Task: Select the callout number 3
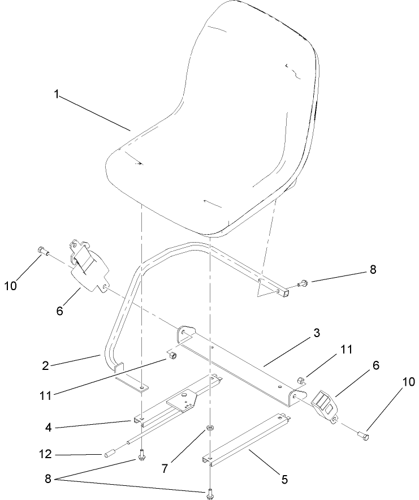tap(317, 333)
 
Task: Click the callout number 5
tap(284, 480)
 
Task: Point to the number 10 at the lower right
tap(408, 383)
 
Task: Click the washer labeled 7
tap(210, 428)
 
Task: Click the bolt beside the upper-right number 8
tap(303, 282)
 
